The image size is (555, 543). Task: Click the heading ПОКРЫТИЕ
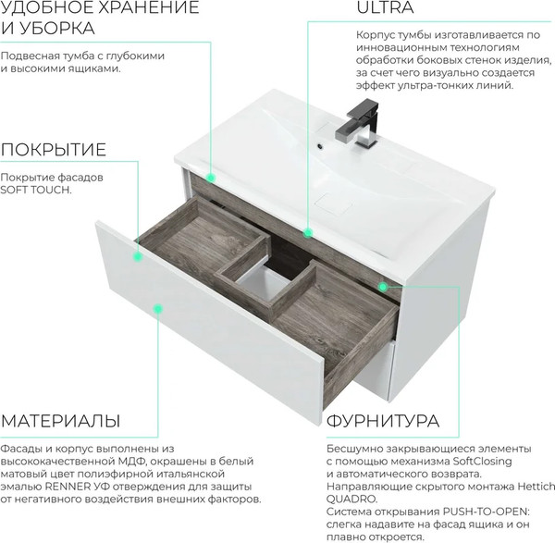point(54,150)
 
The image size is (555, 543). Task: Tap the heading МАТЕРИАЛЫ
point(60,421)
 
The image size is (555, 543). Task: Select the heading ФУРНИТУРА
point(383,421)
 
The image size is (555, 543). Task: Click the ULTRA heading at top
point(385,7)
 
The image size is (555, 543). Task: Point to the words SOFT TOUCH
point(36,190)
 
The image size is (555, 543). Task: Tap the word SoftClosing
point(483,462)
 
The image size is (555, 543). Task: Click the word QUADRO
point(351,500)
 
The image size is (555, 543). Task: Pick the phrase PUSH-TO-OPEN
point(486,512)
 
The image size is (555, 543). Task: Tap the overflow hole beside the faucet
point(320,145)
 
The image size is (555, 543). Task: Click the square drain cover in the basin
point(333,204)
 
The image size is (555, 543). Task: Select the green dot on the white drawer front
point(158,309)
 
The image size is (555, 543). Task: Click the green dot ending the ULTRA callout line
point(308,233)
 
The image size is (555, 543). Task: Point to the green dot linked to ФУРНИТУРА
point(383,287)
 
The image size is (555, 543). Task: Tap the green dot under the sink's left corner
point(211,178)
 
